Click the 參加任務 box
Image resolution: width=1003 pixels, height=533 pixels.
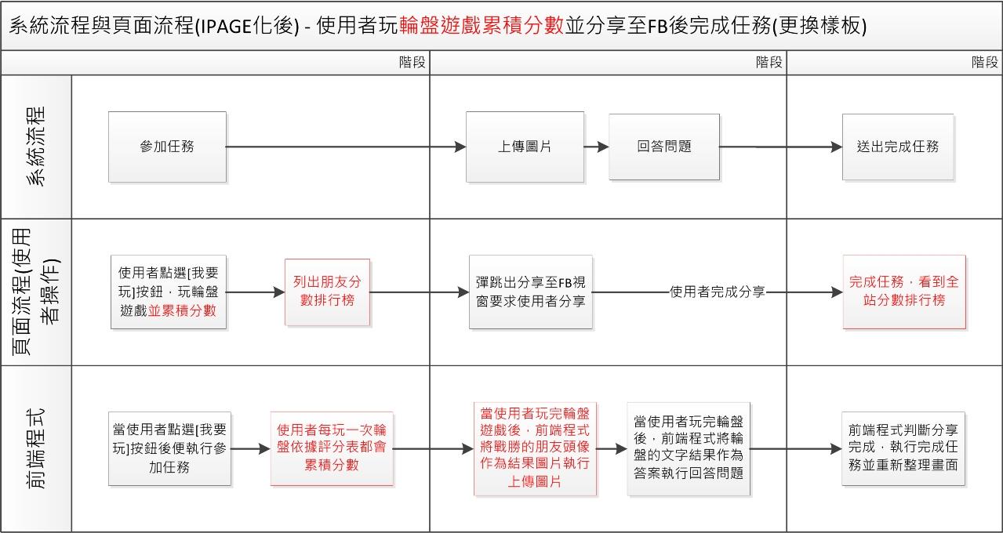pyautogui.click(x=167, y=147)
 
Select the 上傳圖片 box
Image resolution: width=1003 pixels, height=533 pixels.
pyautogui.click(x=525, y=147)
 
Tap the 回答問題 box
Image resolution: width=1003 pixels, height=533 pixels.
pyautogui.click(x=664, y=147)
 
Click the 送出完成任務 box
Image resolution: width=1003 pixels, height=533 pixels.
pyautogui.click(x=898, y=147)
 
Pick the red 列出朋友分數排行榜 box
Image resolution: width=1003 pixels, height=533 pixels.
pyautogui.click(x=327, y=292)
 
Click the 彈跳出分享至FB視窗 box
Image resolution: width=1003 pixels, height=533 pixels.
pyautogui.click(x=531, y=292)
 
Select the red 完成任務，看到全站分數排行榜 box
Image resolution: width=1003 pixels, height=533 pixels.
pyautogui.click(x=904, y=292)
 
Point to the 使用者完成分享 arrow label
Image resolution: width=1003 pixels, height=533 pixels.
pyautogui.click(x=718, y=292)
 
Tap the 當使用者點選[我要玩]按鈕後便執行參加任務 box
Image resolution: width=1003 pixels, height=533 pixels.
pyautogui.click(x=169, y=448)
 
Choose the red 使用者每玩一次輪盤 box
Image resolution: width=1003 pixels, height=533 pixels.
pyautogui.click(x=331, y=448)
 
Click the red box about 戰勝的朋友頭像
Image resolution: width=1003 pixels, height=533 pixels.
pyautogui.click(x=535, y=449)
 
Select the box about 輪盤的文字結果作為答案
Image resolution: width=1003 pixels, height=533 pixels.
pyautogui.click(x=689, y=449)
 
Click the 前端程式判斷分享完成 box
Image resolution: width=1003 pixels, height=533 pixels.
pyautogui.click(x=903, y=448)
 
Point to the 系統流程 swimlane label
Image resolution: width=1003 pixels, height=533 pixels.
pyautogui.click(x=36, y=147)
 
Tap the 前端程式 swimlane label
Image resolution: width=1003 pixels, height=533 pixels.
pyautogui.click(x=36, y=448)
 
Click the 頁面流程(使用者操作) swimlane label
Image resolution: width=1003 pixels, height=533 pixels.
pyautogui.click(x=36, y=292)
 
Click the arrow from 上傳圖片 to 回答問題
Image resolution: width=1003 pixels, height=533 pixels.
pyautogui.click(x=597, y=147)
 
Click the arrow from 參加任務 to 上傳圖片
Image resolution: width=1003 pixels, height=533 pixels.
pyautogui.click(x=345, y=147)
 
